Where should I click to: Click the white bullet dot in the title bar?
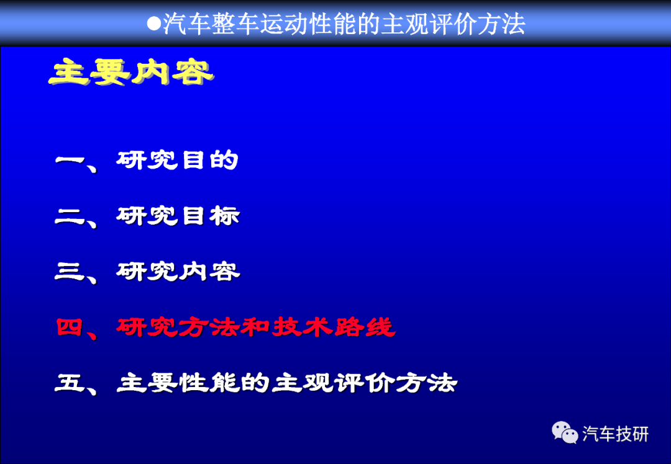[x=153, y=24]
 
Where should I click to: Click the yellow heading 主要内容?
[x=131, y=72]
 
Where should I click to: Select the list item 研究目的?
[x=177, y=160]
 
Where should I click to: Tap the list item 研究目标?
[x=178, y=216]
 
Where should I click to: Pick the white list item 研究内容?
[x=178, y=271]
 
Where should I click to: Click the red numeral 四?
[x=70, y=328]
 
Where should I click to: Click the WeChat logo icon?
[x=564, y=432]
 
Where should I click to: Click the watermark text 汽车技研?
[x=615, y=434]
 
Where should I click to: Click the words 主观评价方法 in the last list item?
[x=364, y=382]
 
